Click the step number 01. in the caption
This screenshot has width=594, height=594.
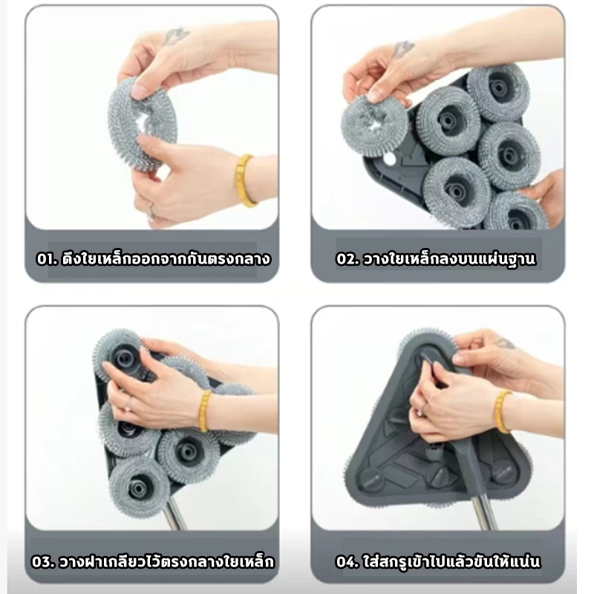click(47, 259)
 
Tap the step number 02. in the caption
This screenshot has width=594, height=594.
click(347, 259)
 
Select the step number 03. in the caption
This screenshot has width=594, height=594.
click(44, 562)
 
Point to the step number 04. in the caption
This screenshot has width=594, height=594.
click(347, 562)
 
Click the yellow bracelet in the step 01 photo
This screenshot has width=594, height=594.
click(244, 180)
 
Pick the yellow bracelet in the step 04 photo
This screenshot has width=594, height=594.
click(503, 412)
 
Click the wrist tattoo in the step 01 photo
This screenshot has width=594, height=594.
click(175, 36)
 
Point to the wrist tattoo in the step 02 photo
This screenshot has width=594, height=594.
click(402, 49)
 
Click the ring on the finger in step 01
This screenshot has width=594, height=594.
click(151, 211)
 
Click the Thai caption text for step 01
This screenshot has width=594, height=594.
click(166, 258)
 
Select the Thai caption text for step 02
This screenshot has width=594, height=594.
click(449, 258)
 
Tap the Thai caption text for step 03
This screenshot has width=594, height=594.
click(166, 561)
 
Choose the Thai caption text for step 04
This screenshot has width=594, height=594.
click(451, 561)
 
